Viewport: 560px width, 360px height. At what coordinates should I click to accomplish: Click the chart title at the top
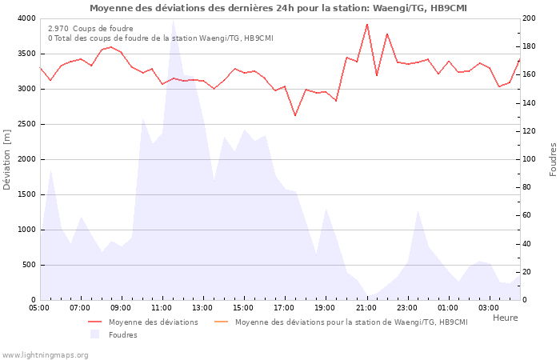coord(278,8)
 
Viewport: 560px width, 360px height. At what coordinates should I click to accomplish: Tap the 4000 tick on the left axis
coord(25,18)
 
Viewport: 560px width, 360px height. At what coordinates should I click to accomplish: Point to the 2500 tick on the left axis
coord(25,124)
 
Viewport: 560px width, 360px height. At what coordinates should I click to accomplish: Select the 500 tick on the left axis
coord(27,265)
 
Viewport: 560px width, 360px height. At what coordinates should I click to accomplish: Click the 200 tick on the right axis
coord(530,18)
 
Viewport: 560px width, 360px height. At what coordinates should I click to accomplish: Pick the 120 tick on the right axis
coord(530,131)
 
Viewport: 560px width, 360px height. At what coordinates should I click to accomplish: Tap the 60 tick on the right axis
coord(528,215)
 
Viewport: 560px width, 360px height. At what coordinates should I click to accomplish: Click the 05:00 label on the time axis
coord(39,308)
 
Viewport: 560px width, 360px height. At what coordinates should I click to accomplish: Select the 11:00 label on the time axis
coord(162,308)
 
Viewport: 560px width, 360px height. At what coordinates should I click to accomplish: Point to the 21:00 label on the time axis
coord(366,308)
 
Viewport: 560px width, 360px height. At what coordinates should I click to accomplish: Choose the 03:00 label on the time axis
coord(489,308)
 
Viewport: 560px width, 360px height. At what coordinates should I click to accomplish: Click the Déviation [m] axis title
coord(8,159)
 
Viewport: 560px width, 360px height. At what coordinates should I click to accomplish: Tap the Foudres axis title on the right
coord(553,159)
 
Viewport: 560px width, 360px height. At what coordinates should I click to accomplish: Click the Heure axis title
coord(505,318)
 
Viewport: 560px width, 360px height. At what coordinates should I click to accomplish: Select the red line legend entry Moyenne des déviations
coord(153,322)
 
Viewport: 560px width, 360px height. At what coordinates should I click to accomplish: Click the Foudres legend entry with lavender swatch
coord(122,334)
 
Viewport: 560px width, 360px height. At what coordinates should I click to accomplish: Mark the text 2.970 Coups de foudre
coord(90,29)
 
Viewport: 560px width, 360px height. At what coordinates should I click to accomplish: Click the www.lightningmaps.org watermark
coord(45,354)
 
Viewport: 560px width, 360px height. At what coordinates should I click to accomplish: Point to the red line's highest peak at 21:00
coord(367,24)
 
